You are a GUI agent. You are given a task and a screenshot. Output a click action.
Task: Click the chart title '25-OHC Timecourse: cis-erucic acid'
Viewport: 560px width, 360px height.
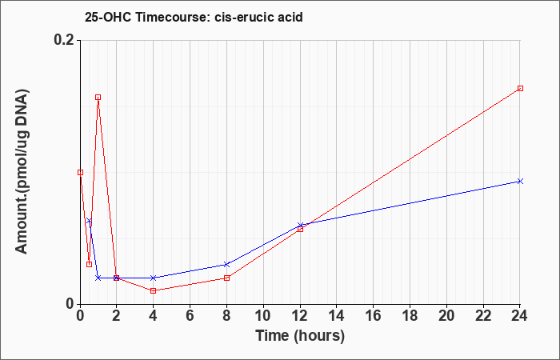[194, 17]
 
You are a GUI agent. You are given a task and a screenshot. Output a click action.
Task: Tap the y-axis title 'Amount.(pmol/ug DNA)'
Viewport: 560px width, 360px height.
[22, 171]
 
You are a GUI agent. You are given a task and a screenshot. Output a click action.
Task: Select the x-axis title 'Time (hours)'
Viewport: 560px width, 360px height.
[300, 336]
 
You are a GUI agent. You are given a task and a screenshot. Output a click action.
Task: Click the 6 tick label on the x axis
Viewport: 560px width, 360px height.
[190, 316]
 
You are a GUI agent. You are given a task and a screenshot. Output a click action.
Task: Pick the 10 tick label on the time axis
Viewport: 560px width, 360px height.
[263, 316]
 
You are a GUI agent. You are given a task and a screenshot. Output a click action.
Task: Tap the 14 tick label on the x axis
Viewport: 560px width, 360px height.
[337, 316]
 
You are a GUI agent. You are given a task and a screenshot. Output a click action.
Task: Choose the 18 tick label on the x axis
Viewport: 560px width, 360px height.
[410, 316]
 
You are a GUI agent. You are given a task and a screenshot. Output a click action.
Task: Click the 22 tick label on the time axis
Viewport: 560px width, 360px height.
[483, 316]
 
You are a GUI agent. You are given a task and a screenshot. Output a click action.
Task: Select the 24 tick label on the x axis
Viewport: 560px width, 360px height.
[520, 316]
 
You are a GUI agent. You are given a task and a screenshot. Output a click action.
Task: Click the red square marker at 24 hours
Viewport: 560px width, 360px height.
[520, 88]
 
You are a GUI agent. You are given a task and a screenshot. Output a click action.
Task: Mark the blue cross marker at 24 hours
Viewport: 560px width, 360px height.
[520, 181]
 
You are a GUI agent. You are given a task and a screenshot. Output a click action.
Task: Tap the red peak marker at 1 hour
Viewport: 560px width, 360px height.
[98, 97]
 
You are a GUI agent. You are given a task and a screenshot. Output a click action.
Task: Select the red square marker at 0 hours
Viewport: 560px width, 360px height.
[80, 172]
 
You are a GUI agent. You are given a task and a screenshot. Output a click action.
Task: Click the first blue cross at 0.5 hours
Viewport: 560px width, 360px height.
[89, 220]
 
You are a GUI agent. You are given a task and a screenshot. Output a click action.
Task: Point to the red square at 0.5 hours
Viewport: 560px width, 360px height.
[90, 264]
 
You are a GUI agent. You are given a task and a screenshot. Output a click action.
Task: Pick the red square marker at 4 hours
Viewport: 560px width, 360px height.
[154, 290]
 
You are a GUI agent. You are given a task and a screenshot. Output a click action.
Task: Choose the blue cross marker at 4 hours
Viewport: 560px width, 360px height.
[154, 278]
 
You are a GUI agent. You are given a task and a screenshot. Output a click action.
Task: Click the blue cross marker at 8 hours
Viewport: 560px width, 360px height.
[226, 264]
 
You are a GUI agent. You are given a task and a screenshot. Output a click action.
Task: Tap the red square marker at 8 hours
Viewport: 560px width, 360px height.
[226, 278]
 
